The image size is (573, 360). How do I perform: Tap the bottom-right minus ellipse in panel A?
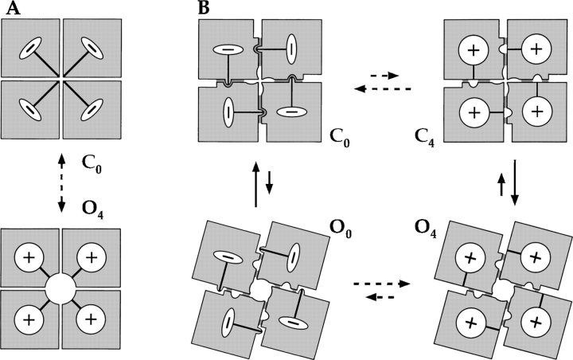click(x=94, y=108)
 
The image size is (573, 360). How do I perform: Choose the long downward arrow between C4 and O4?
click(x=516, y=182)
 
